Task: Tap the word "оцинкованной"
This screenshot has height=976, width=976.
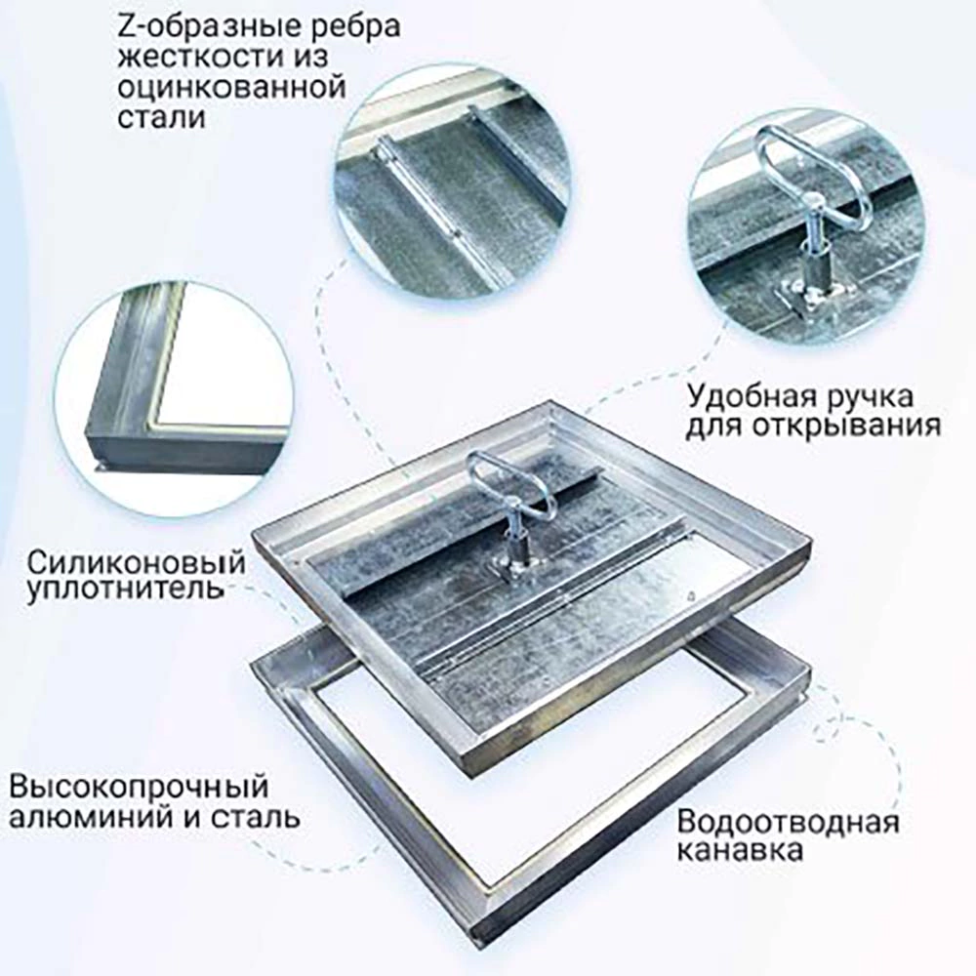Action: click(x=231, y=87)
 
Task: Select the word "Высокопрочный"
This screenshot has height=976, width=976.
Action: click(x=139, y=786)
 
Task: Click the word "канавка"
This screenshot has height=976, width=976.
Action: click(x=742, y=851)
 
